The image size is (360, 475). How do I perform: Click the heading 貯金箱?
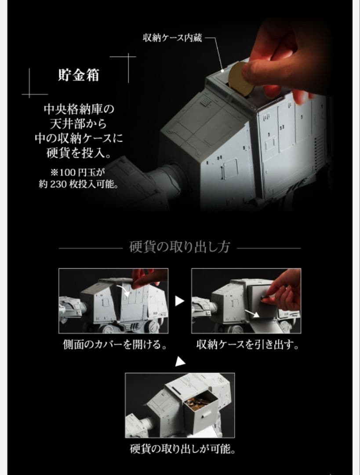[79, 75]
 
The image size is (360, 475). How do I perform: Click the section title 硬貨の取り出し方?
[179, 247]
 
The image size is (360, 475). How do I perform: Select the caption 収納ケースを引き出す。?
[247, 344]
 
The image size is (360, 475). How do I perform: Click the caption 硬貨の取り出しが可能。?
[179, 449]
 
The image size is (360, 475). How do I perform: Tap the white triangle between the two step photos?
[179, 301]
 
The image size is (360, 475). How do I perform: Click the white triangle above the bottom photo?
[179, 362]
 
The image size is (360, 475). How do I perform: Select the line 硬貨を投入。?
[79, 154]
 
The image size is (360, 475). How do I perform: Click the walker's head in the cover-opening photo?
[69, 306]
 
